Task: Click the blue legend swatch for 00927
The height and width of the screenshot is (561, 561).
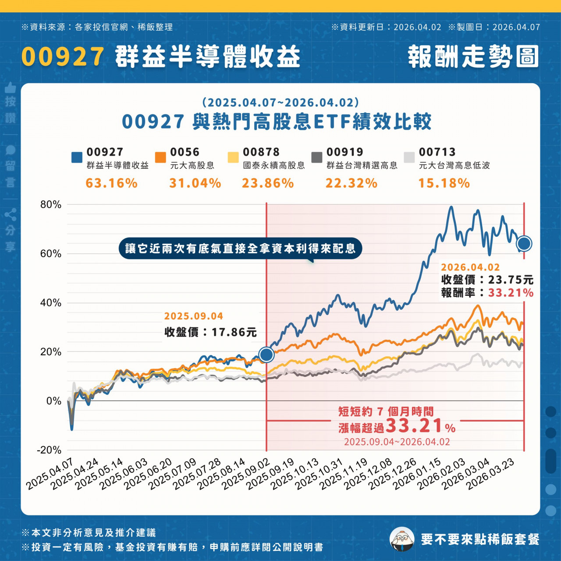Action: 77,157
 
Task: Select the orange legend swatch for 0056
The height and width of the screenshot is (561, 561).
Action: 160,157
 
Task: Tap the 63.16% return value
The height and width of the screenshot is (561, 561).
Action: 111,183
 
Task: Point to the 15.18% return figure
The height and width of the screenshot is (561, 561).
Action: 444,183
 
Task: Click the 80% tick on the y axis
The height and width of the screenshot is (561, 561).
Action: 51,205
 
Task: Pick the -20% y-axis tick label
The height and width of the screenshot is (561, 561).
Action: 49,450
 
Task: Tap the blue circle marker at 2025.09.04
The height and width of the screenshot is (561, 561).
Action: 266,354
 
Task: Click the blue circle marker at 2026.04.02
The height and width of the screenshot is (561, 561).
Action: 524,243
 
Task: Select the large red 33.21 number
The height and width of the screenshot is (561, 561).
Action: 414,425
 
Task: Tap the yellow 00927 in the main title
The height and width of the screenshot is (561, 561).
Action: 63,57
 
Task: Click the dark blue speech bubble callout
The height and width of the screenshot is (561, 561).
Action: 240,249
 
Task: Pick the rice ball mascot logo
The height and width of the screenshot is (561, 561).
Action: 402,539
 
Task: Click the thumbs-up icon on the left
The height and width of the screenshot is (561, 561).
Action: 11,88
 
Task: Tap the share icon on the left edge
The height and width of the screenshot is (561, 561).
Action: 11,215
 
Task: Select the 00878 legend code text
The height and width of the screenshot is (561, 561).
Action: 261,152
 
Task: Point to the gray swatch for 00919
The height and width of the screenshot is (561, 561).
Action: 317,157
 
